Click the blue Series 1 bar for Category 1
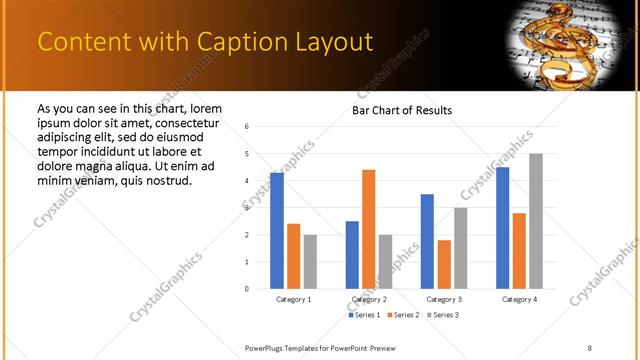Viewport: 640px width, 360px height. (x=277, y=231)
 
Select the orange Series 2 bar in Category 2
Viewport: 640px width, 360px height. (x=368, y=229)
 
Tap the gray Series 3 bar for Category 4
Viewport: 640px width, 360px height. (x=536, y=221)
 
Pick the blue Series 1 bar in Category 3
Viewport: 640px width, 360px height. (x=427, y=241)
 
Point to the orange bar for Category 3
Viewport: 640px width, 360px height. (x=444, y=264)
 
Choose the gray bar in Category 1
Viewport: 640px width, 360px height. (x=310, y=261)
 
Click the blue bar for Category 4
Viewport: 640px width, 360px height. (x=502, y=228)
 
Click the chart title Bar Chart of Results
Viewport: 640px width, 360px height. (x=402, y=110)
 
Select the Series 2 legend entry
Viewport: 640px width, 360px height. (x=402, y=315)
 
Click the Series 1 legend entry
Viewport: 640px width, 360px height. (x=363, y=315)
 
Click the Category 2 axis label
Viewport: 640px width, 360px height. (x=369, y=299)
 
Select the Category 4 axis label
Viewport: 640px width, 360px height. (x=519, y=299)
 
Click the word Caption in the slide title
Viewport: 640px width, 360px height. (x=239, y=41)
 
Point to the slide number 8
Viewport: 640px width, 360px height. (x=589, y=347)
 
